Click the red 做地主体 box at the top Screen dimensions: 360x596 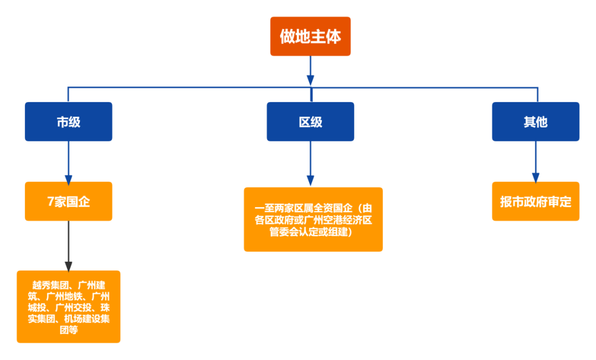(310, 36)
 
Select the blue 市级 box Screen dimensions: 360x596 (68, 122)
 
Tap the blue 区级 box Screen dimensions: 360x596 (310, 122)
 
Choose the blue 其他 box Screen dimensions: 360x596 (535, 122)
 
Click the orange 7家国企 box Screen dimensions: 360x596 (68, 202)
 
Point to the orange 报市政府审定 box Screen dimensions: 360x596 (535, 202)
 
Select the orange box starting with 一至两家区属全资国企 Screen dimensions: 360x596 (313, 220)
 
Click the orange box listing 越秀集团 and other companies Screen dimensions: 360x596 (68, 307)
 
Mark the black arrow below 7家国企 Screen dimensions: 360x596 (68, 246)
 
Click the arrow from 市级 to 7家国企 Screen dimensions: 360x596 (68, 162)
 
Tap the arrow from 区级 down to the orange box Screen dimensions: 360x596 (310, 165)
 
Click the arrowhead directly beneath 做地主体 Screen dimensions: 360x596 (310, 80)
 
